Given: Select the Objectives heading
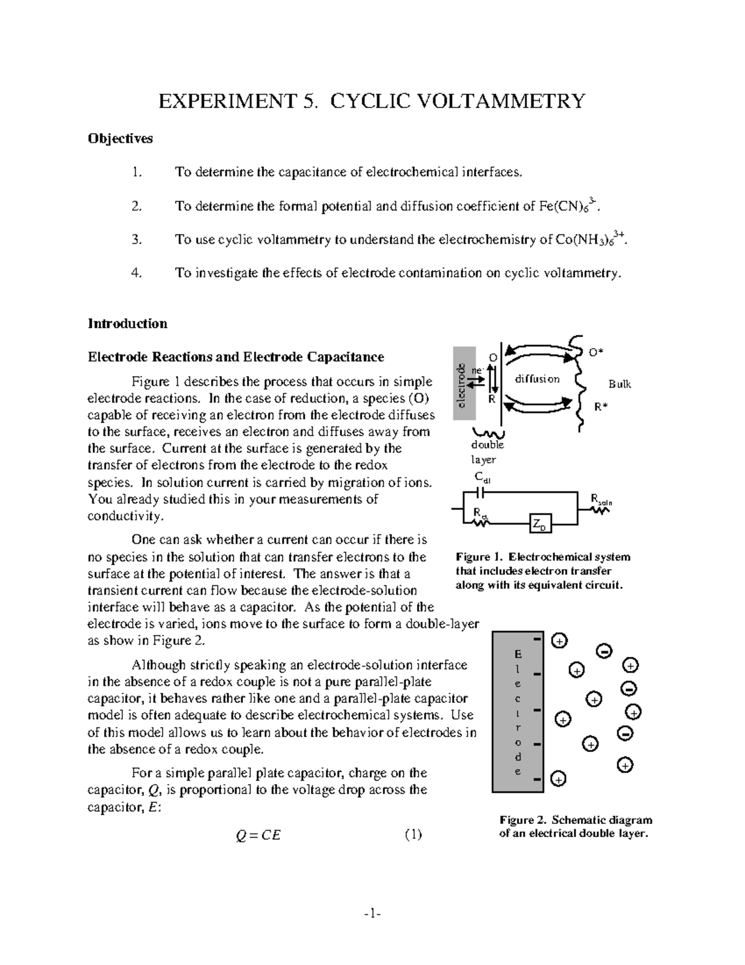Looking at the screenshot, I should pos(120,139).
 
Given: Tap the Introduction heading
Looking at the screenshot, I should pos(127,324).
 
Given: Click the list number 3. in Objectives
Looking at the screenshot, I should pos(137,240).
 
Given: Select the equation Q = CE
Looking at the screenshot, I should pos(258,835).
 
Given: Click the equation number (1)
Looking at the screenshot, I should pos(413,835).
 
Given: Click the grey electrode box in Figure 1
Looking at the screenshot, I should pos(464,384).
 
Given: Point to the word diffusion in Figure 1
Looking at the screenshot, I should pos(537,379).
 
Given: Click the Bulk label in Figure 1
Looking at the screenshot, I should pos(619,384).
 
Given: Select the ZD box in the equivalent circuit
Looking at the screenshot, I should pos(541,524).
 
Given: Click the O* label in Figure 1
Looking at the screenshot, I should pos(596,352).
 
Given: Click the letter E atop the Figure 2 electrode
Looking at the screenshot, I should pos(518,654).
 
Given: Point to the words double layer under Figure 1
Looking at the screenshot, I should pos(487,452).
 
